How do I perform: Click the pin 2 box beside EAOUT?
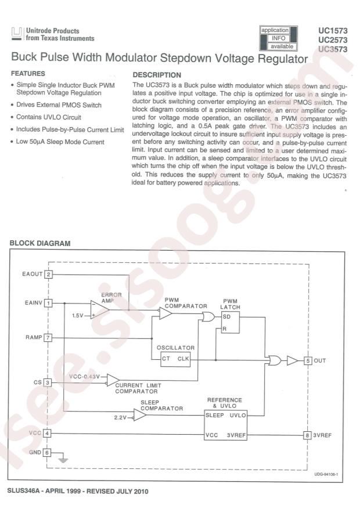48,275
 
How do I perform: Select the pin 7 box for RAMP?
48,338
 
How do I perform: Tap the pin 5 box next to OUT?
308,360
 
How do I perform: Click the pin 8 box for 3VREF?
307,435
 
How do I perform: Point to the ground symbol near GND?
64,459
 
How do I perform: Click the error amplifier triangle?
100,310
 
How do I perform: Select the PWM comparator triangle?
165,313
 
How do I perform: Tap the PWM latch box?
231,322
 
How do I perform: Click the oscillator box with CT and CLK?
175,359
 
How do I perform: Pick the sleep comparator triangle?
139,414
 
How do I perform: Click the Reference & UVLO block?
226,425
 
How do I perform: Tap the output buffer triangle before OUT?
292,360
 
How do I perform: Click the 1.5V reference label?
78,316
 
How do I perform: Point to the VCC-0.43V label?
84,377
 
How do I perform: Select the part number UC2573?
333,40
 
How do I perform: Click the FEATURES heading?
28,74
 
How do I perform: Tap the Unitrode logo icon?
17,34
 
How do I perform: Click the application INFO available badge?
279,38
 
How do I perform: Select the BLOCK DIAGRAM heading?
40,243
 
